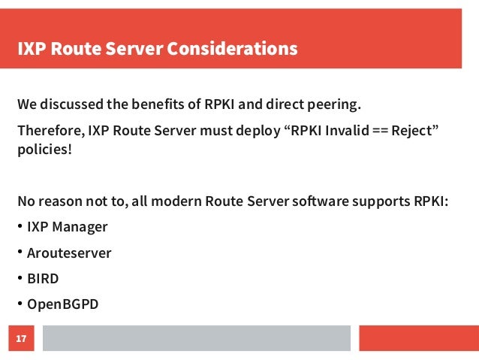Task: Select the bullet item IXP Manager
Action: pyautogui.click(x=67, y=227)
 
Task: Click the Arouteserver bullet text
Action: pyautogui.click(x=69, y=253)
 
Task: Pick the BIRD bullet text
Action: pyautogui.click(x=43, y=279)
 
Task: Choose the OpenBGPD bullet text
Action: pyautogui.click(x=63, y=305)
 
